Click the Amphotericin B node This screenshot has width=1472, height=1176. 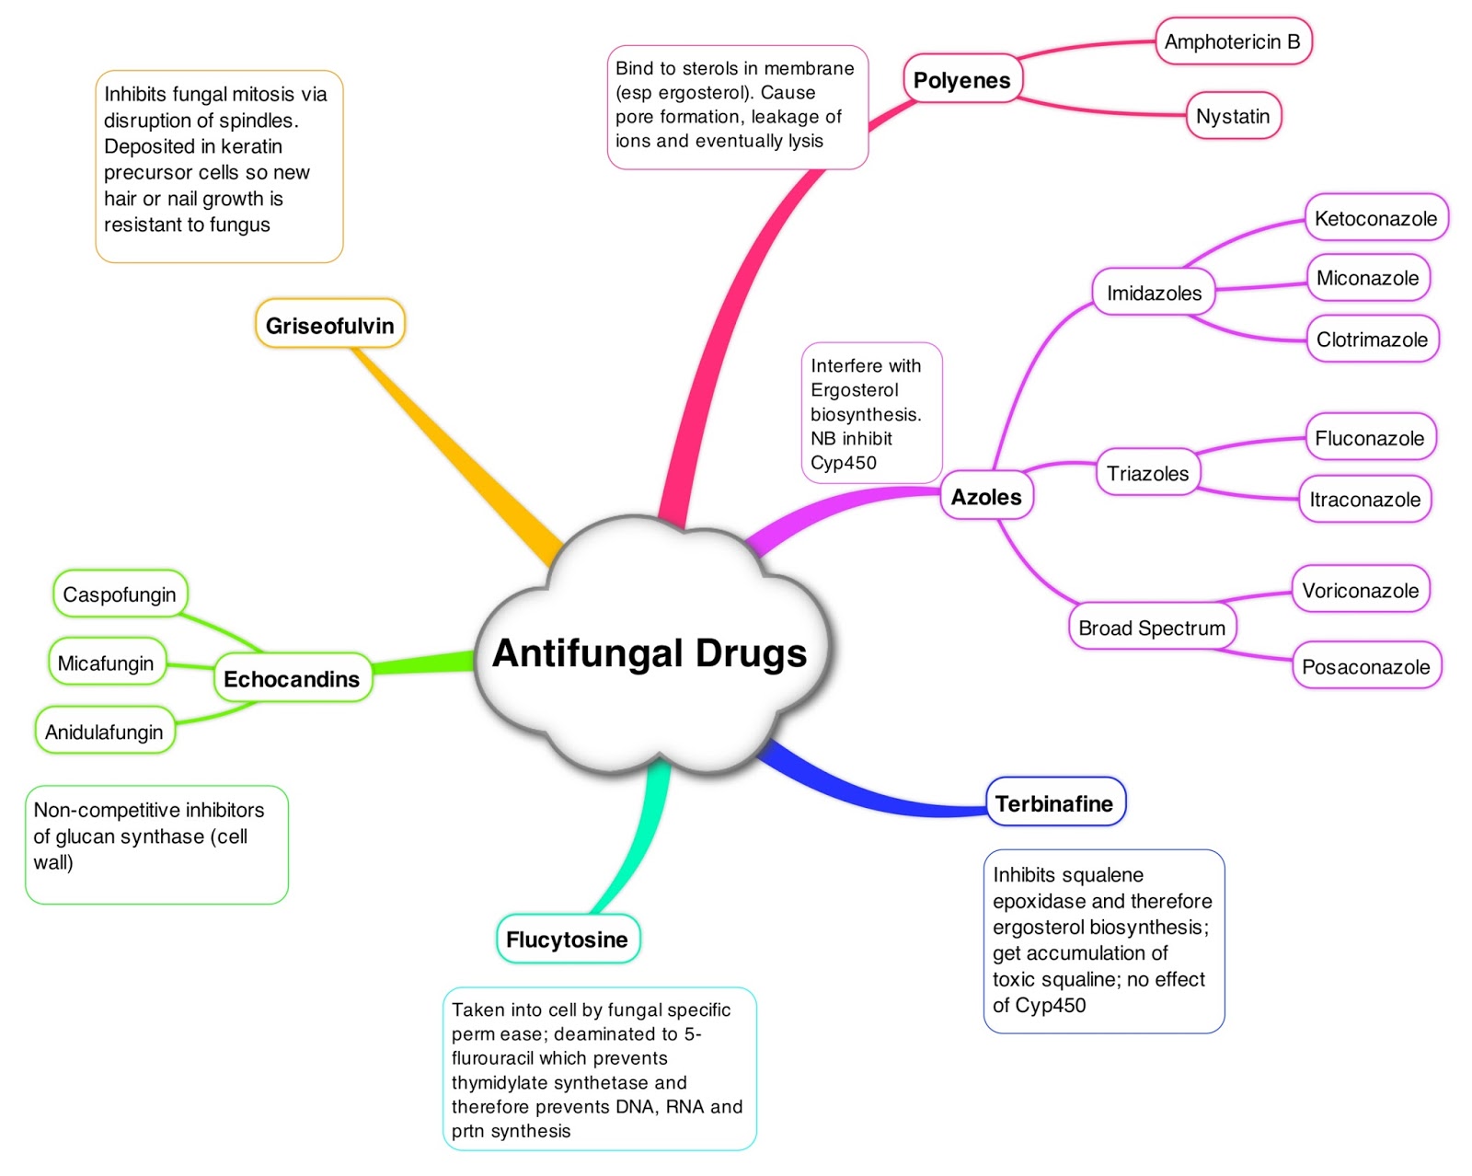[x=1233, y=41]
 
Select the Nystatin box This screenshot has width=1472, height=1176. [x=1233, y=116]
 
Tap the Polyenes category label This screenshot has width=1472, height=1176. [x=961, y=80]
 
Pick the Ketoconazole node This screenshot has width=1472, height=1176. [x=1375, y=218]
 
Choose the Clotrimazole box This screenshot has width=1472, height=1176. [x=1372, y=340]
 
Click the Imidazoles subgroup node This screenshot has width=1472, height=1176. [x=1154, y=293]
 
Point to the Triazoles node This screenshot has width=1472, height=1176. [x=1147, y=473]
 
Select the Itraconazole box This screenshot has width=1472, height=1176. [x=1364, y=500]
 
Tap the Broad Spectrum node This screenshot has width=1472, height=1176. [x=1152, y=628]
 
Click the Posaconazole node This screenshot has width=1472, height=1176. [x=1366, y=666]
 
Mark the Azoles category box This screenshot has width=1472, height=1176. [x=986, y=497]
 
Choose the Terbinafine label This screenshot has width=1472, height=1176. [x=1054, y=803]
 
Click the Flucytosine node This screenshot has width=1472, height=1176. [x=567, y=940]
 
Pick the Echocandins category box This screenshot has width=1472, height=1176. [x=292, y=679]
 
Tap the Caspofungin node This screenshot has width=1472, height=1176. [x=120, y=594]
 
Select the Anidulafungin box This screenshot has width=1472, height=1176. [x=104, y=732]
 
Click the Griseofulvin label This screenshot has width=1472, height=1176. [x=329, y=325]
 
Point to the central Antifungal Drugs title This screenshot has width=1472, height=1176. [x=650, y=652]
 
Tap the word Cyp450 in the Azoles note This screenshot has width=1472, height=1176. [x=844, y=463]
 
